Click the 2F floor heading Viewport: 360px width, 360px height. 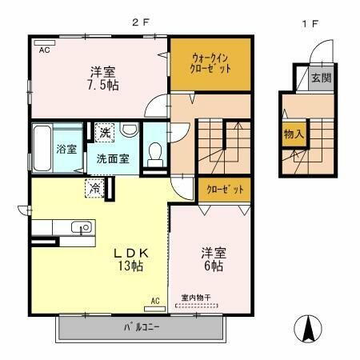[x=140, y=22]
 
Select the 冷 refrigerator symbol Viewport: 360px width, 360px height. [x=94, y=189]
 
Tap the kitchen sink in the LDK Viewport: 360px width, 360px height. [x=82, y=227]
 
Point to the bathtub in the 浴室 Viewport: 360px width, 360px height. [x=43, y=148]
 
